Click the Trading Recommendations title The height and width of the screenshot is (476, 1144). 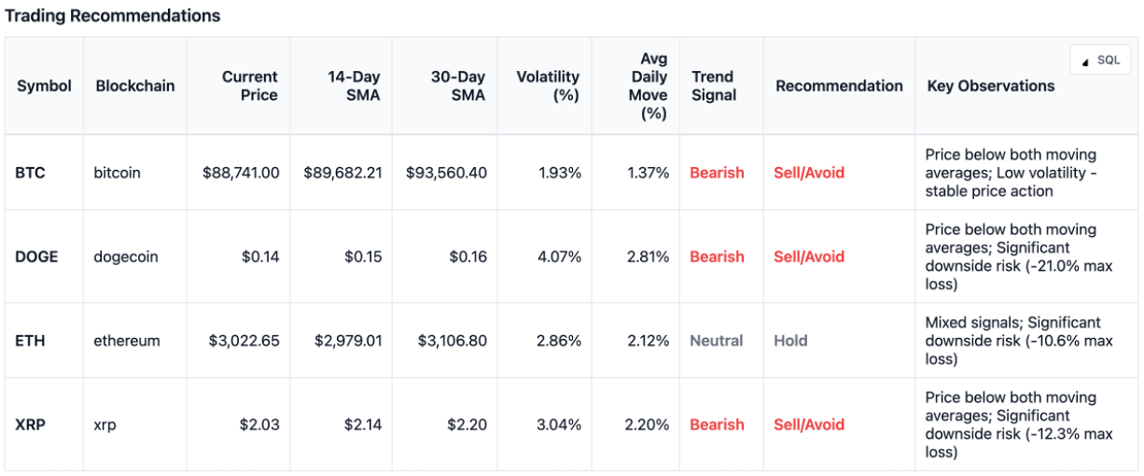click(x=113, y=16)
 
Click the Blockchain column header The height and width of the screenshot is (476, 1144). click(x=134, y=86)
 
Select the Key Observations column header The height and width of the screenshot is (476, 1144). click(x=990, y=86)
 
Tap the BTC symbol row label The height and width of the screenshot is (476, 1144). click(x=30, y=173)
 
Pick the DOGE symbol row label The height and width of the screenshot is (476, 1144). click(x=36, y=257)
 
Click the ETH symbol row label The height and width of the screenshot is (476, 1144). click(x=30, y=341)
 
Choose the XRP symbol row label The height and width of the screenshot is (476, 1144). click(x=30, y=425)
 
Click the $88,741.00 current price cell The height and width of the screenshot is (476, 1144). click(x=240, y=173)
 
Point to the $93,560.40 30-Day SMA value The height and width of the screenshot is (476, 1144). click(x=446, y=173)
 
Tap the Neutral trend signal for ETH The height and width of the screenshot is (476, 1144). click(x=716, y=341)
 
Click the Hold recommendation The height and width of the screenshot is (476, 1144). click(x=790, y=341)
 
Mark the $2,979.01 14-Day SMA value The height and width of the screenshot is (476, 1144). click(x=342, y=341)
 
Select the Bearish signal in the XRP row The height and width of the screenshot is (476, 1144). click(x=717, y=425)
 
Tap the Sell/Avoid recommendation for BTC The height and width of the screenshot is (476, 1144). click(x=808, y=173)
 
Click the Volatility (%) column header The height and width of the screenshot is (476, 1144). click(x=548, y=86)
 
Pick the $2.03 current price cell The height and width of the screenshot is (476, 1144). click(x=258, y=425)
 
